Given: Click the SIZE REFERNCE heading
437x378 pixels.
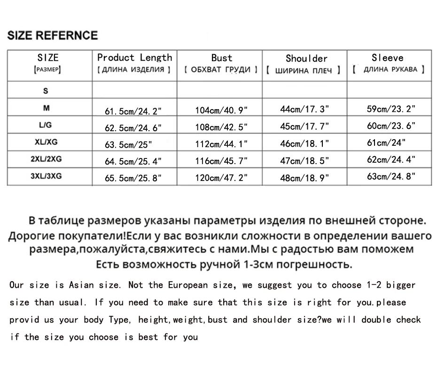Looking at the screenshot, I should point(53,36).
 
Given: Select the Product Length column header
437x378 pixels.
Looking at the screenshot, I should point(134,58).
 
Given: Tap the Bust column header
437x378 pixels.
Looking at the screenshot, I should point(221,58).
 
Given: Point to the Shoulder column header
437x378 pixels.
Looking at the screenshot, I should point(306,59).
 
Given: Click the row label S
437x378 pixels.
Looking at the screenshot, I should point(46,91).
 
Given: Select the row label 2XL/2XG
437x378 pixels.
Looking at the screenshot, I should point(46,159).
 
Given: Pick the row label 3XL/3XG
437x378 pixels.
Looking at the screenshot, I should point(46,176).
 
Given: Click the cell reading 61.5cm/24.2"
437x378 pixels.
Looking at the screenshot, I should point(133,111).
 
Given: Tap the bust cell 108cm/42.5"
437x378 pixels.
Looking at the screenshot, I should point(221,127).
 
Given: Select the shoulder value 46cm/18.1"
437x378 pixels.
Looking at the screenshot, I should point(304,144).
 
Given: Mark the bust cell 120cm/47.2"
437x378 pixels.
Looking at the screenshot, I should point(221,178).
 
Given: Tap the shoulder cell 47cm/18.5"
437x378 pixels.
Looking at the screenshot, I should point(304,161).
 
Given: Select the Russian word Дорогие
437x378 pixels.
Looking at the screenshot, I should point(32,235).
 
